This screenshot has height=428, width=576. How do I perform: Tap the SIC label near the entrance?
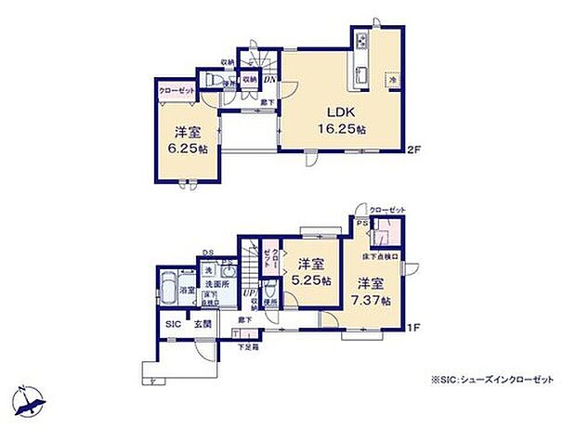coord(173,325)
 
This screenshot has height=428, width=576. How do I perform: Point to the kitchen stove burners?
coord(360,43)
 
